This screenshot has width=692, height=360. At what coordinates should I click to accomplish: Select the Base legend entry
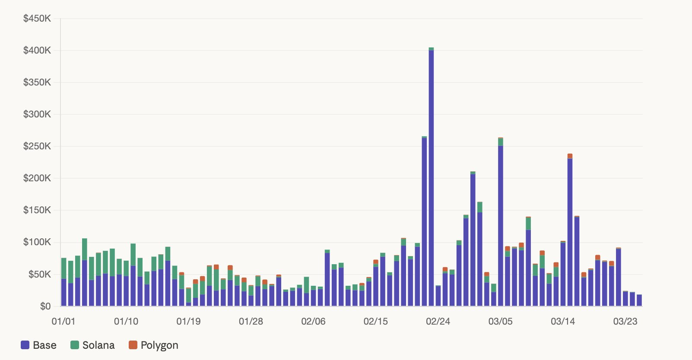coord(39,345)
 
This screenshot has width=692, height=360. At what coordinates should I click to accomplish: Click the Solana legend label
coord(98,345)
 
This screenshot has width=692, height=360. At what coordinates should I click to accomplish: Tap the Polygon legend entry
coord(154,345)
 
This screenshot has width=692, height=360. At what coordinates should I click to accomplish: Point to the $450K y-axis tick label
coord(37,19)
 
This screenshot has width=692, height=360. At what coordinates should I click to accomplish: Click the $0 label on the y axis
coord(45,306)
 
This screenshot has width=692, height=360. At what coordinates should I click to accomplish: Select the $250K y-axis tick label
coord(37,146)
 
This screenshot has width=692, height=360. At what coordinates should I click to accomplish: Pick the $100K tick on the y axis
coord(37,242)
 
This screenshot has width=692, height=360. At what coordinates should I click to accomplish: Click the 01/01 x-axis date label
coord(63,322)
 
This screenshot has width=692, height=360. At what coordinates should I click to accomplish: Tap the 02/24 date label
coord(438,322)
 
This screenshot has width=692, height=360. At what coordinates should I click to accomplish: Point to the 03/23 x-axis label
coord(625,322)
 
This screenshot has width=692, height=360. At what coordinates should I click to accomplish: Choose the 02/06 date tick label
coord(313,322)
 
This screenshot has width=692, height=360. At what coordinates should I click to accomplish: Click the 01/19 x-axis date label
coord(188,322)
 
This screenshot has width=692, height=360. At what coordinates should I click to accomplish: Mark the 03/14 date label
coord(563,322)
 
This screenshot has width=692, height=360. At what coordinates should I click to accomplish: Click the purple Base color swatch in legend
coord(25,345)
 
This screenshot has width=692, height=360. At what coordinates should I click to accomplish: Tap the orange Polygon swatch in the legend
coord(133,345)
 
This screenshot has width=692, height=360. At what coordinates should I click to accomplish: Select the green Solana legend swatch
coord(75,345)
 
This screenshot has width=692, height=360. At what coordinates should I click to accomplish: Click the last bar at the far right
coord(639,300)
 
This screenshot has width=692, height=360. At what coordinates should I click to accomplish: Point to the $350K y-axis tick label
coord(37,82)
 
